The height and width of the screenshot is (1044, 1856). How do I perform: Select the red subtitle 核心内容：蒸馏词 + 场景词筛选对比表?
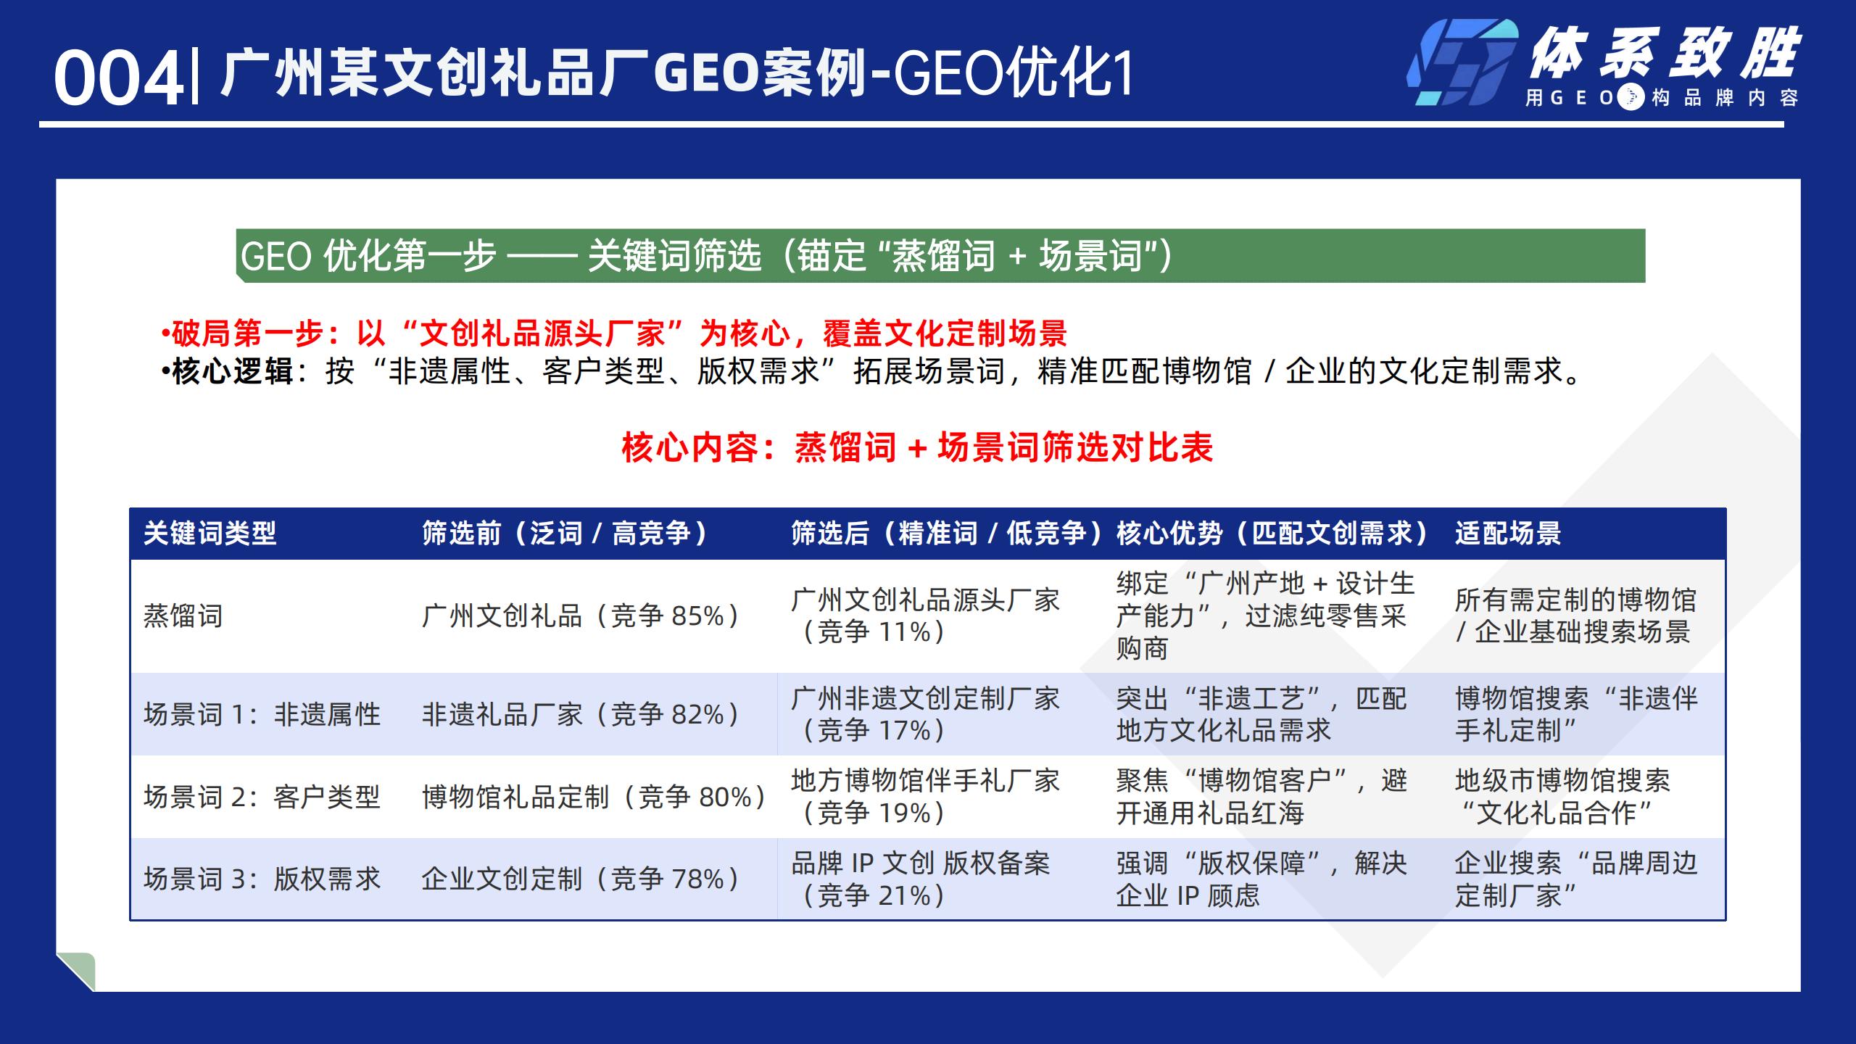[x=917, y=447]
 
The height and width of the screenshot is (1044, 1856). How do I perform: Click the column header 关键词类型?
[x=210, y=534]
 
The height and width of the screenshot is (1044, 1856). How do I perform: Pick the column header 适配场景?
[x=1507, y=534]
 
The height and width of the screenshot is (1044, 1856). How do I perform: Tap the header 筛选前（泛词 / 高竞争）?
[x=564, y=534]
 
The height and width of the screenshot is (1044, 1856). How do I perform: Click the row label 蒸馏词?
[x=183, y=616]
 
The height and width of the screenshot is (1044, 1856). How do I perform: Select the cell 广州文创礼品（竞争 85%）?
[x=580, y=616]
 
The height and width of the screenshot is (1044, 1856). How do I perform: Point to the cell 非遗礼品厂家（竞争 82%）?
[x=580, y=715]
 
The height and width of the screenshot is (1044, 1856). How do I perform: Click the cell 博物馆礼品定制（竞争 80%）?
[x=593, y=797]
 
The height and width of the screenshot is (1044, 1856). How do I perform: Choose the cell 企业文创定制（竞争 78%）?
[x=580, y=879]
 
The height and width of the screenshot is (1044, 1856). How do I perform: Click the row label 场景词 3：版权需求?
[x=262, y=879]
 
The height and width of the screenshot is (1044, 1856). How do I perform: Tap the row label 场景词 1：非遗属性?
[x=262, y=715]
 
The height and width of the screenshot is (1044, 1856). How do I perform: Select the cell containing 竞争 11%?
[x=924, y=616]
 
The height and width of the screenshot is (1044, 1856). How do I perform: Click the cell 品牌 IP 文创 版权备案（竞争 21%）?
[x=921, y=879]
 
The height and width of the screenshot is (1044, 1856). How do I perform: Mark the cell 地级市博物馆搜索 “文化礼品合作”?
[x=1562, y=797]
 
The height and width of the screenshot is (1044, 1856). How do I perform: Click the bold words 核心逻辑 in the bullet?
[x=232, y=372]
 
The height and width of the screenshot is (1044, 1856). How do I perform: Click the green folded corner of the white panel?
[x=78, y=970]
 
